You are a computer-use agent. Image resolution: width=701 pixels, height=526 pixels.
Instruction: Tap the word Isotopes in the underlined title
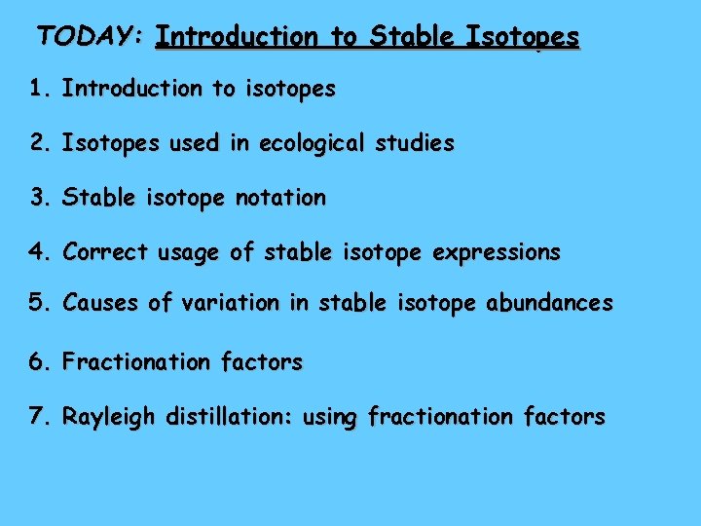pos(523,38)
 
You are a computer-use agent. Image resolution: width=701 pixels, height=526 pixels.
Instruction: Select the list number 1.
pos(38,89)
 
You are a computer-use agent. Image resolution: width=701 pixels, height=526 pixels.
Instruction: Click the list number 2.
pos(38,143)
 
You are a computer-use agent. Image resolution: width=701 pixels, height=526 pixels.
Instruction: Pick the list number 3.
pos(38,198)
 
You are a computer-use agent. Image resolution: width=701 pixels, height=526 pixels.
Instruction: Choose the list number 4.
pos(38,252)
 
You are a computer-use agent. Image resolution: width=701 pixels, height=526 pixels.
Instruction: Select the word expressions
pos(498,253)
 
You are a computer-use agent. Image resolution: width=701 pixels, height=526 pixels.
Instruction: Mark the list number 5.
pos(38,303)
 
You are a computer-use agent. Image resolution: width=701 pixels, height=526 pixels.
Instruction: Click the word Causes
pos(101,303)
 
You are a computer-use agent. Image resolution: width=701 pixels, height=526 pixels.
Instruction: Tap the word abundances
pos(550,303)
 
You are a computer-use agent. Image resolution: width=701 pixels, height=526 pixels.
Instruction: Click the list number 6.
pos(38,362)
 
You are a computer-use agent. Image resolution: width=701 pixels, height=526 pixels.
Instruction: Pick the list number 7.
pos(38,417)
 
